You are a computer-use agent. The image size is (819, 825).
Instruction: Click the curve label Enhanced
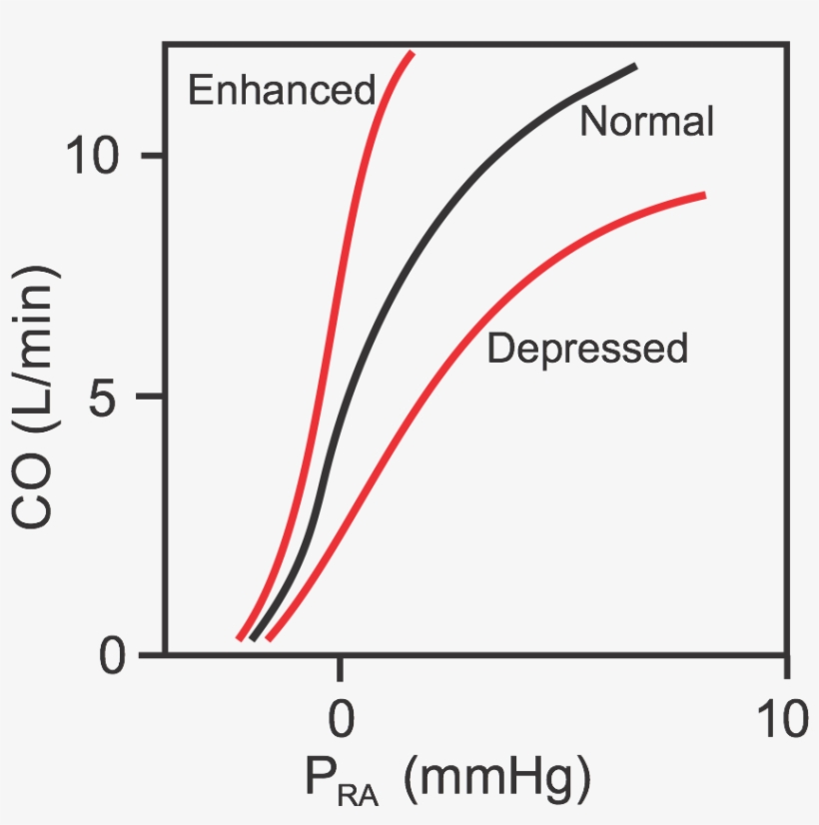click(x=281, y=91)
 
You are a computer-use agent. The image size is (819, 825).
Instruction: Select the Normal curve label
click(x=646, y=122)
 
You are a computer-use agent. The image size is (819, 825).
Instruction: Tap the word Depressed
click(x=587, y=349)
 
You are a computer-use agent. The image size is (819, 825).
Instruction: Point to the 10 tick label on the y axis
click(x=96, y=156)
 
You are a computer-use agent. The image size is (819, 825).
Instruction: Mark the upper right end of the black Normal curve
click(x=635, y=67)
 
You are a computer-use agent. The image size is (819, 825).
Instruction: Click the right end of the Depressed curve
click(x=705, y=196)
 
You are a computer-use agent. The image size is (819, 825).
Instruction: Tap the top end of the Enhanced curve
click(x=411, y=53)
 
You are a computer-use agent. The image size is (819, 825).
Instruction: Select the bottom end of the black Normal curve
click(x=253, y=638)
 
